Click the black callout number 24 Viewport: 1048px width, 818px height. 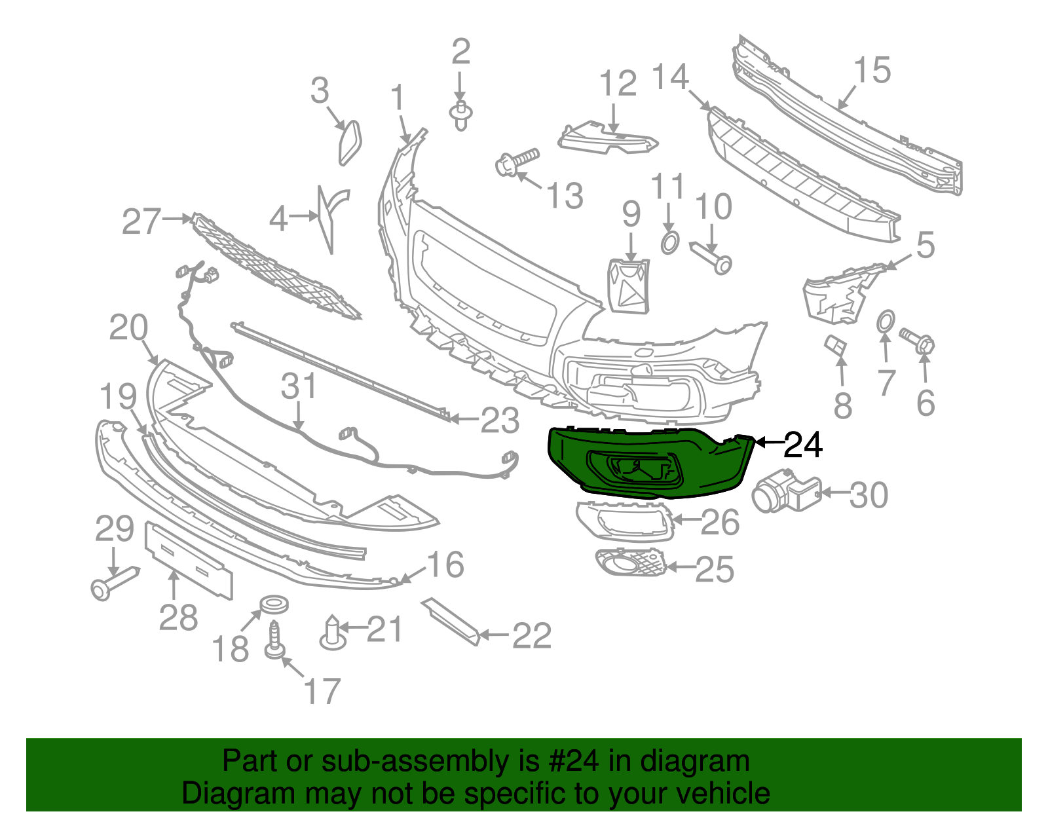point(803,445)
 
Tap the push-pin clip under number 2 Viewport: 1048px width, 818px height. point(460,116)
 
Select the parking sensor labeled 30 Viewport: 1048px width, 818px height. point(785,490)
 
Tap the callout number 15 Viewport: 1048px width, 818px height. point(872,70)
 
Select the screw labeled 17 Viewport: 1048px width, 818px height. point(276,640)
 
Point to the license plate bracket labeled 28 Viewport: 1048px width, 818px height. point(189,561)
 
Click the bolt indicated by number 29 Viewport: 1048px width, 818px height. point(115,584)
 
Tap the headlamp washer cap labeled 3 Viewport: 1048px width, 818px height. point(350,143)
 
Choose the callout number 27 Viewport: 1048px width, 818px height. point(141,222)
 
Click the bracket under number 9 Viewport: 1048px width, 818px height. point(628,286)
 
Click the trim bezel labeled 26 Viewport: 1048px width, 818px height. point(625,521)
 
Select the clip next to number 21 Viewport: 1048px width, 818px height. point(333,633)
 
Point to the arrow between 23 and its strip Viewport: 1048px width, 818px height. point(464,419)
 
